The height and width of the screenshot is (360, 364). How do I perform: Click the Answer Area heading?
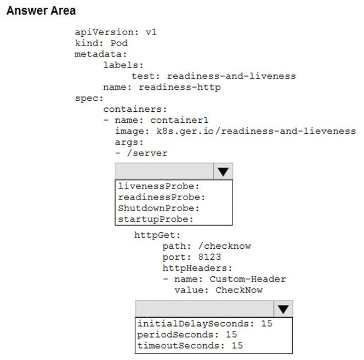click(x=41, y=11)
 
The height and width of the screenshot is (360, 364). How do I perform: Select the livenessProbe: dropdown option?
click(x=159, y=186)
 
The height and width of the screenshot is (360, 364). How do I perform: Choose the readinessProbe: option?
click(x=162, y=197)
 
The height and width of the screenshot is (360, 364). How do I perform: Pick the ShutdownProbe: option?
click(x=159, y=208)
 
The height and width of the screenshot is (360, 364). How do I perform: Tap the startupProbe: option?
click(x=156, y=219)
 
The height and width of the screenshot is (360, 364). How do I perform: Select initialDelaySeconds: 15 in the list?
click(x=205, y=323)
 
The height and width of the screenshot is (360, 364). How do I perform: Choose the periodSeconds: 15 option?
click(x=187, y=334)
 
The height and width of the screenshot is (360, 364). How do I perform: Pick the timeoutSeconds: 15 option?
click(x=190, y=346)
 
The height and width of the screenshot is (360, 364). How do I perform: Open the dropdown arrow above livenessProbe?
click(x=223, y=172)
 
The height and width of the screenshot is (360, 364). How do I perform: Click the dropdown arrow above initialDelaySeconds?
click(x=283, y=309)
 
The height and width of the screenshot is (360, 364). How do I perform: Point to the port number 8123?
click(x=209, y=257)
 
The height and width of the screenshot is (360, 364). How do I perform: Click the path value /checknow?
click(x=224, y=246)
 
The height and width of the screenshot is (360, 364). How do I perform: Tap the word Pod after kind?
click(x=119, y=43)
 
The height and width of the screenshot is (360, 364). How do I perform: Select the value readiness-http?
click(x=180, y=87)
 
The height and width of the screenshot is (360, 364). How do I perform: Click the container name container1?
click(x=179, y=120)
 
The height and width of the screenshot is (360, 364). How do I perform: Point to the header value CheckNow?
click(x=239, y=290)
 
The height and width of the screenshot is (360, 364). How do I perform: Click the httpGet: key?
click(x=157, y=235)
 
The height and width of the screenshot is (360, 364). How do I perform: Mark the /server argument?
click(x=147, y=153)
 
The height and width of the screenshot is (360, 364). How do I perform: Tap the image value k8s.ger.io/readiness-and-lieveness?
click(x=257, y=131)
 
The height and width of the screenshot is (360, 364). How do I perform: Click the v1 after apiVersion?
click(x=151, y=32)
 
